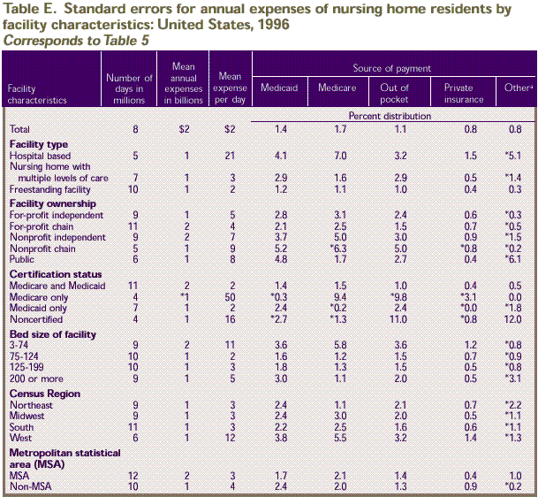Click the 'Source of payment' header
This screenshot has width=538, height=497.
coord(392,68)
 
